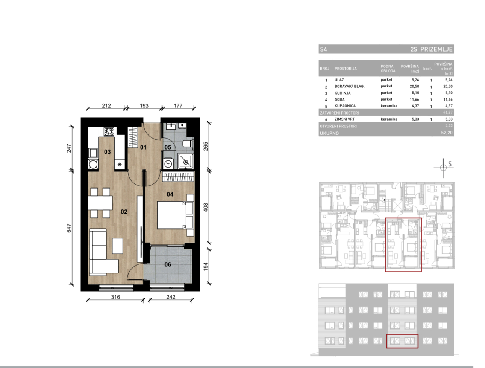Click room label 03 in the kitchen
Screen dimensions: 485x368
coord(107,152)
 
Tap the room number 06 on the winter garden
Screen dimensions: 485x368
coord(168,264)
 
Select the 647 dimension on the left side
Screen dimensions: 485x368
coord(69,228)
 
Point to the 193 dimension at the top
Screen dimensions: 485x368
coord(144,105)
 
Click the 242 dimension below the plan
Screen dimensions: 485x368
coord(171,297)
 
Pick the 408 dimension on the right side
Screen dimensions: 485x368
coord(206,207)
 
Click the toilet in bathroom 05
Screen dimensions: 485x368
coord(188,144)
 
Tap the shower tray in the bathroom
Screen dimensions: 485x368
coord(185,161)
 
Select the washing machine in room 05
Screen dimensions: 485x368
coord(168,164)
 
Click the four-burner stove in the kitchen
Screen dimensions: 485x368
coord(109,131)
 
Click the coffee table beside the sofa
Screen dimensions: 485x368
coord(117,246)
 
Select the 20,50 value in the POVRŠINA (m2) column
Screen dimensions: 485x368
coord(414,86)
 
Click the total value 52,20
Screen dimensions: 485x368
coord(447,133)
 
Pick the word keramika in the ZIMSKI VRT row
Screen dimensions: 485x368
coord(389,119)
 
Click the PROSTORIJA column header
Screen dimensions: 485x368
coord(346,69)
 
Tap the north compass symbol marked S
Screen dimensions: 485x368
coord(443,168)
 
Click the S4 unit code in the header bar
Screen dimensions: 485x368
coord(323,49)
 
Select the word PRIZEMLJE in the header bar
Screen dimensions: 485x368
coord(436,49)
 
